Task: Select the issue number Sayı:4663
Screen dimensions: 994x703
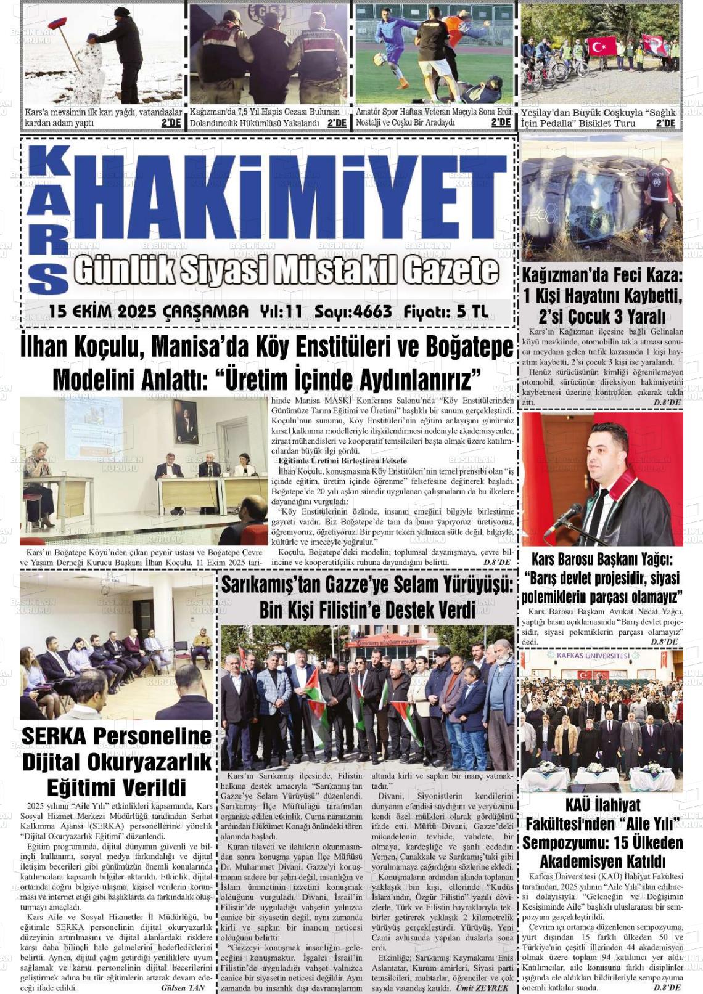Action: point(353,312)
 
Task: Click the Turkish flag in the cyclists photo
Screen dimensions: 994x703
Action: point(601,46)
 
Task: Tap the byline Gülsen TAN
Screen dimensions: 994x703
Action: point(183,987)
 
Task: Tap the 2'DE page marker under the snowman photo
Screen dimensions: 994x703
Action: point(171,123)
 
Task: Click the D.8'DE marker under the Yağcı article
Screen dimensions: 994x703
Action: point(664,642)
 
